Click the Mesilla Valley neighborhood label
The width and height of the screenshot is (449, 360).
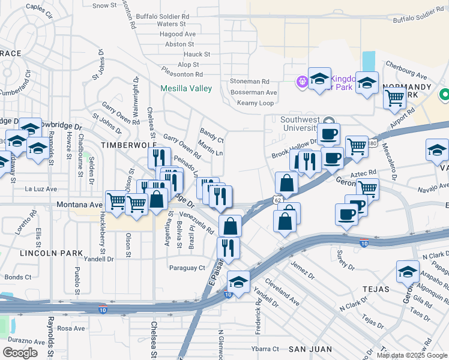coord(186,89)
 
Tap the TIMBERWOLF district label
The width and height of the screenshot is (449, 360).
coord(129,145)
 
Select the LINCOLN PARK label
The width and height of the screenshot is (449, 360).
coord(51,253)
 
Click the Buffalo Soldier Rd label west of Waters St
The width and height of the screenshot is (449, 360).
coord(162,16)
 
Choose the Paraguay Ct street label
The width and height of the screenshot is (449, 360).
coord(187,268)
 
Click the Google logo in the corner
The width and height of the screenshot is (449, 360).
coord(20,352)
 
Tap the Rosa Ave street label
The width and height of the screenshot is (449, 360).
coord(71,328)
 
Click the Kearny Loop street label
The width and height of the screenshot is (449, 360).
coord(255,103)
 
